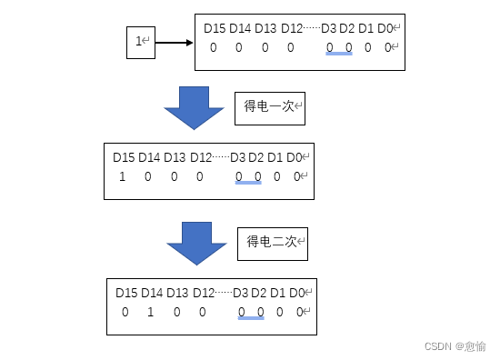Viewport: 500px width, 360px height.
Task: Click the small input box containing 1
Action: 142,42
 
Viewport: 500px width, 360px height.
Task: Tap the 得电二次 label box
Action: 273,243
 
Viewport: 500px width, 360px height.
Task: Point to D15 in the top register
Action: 215,29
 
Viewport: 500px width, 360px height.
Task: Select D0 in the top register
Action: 386,29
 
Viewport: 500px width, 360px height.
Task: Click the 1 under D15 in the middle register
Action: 122,176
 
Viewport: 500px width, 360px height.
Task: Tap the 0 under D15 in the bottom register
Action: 125,312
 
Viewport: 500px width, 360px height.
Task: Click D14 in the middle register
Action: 150,157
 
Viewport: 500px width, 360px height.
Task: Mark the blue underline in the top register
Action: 339,54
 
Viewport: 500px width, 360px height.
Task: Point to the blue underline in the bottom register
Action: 251,318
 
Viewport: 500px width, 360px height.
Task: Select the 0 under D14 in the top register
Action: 239,47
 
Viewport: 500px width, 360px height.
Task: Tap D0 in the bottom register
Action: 298,293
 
